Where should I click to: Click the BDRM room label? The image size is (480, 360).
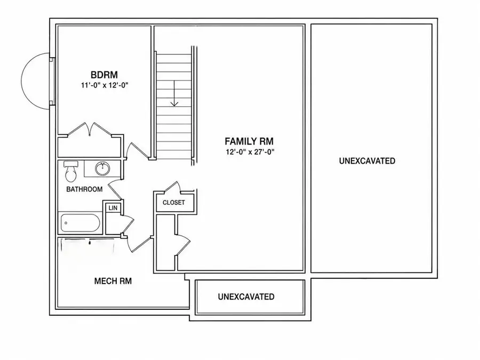[104, 75]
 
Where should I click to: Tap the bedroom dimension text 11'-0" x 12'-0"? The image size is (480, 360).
[105, 85]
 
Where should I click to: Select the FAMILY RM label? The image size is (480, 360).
[249, 141]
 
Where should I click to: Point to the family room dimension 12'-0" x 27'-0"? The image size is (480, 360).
[250, 152]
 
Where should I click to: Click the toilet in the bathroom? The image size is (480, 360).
[71, 171]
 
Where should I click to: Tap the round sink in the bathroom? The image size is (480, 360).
[102, 169]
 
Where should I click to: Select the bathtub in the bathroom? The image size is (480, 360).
[80, 223]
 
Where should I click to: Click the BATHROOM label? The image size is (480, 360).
[84, 189]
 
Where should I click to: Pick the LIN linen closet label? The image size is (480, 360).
[113, 208]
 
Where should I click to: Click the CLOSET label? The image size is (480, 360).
[173, 203]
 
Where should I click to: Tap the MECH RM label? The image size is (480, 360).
[113, 281]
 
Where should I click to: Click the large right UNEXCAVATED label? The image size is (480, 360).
[367, 161]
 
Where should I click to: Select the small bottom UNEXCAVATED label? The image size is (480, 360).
[246, 297]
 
